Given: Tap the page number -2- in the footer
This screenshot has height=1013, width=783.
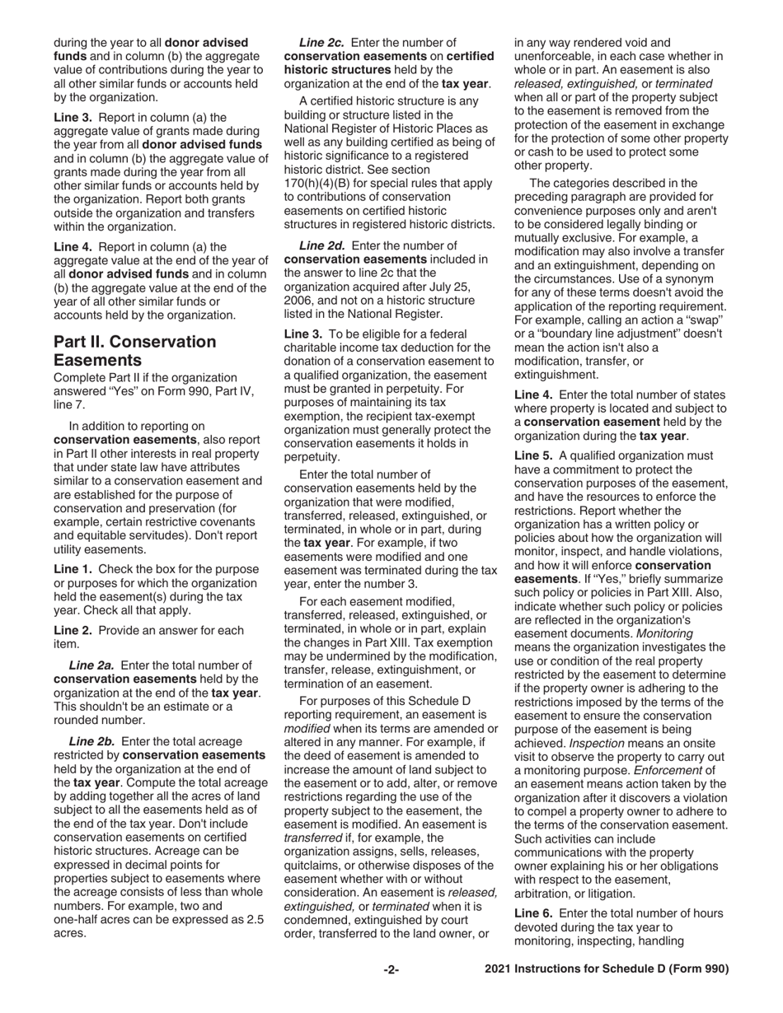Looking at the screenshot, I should (391, 969).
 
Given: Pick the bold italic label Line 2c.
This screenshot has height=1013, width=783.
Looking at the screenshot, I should (321, 42).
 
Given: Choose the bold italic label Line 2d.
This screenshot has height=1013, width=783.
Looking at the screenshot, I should (321, 245).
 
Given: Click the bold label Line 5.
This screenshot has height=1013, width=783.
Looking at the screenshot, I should (532, 455).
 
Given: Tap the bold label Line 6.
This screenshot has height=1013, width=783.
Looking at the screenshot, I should (532, 913).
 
